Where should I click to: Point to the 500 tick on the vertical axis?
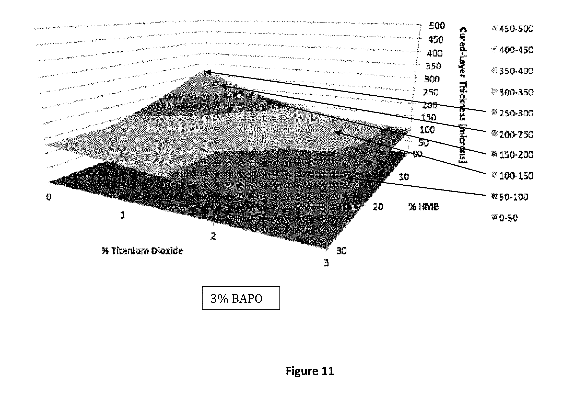pos(437,26)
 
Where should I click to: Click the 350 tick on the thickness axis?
pos(433,66)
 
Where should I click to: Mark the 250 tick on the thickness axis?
pos(431,92)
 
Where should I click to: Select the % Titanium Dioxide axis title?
pos(142,251)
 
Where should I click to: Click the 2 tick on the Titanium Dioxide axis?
pos(213,236)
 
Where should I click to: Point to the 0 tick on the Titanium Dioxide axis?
pos(49,197)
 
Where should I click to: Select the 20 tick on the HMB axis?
pos(378,207)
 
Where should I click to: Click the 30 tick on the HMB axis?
pos(341,251)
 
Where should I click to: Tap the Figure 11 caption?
pos(310,371)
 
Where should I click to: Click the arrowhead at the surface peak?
pos(207,72)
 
